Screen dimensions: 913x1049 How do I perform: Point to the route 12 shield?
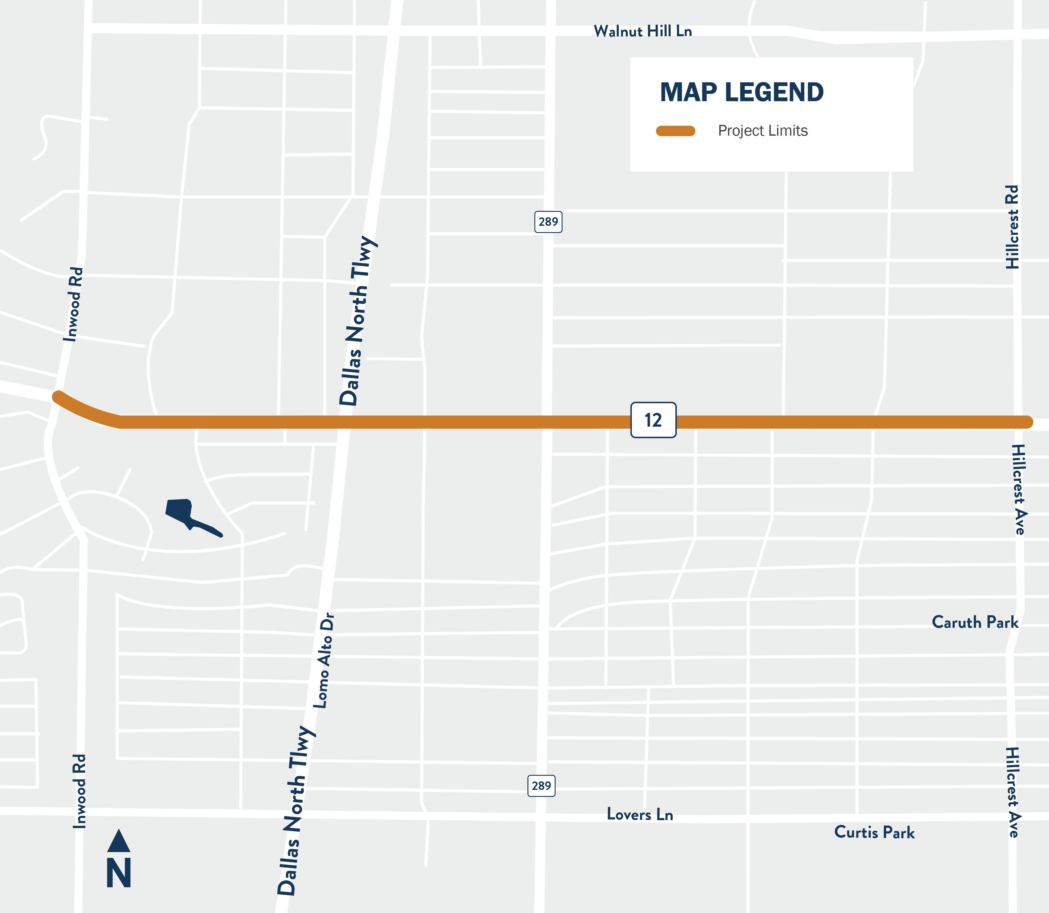(x=653, y=420)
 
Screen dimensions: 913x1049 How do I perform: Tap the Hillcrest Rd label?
(x=1012, y=227)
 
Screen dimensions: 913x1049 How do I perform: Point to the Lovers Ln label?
(x=640, y=814)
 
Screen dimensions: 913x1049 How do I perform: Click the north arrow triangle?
(x=119, y=841)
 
